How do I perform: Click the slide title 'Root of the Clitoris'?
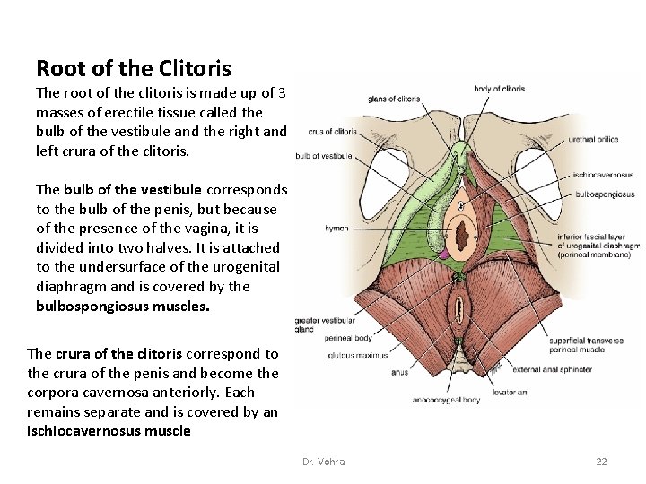pyautogui.click(x=134, y=68)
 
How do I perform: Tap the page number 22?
pyautogui.click(x=601, y=462)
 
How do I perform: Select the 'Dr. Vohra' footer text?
pyautogui.click(x=323, y=462)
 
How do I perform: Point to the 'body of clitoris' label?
pyautogui.click(x=500, y=89)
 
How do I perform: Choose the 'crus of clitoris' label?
pyautogui.click(x=332, y=132)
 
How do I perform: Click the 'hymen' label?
pyautogui.click(x=336, y=229)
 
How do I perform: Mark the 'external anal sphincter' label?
pyautogui.click(x=551, y=369)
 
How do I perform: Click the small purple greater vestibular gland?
pyautogui.click(x=442, y=255)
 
